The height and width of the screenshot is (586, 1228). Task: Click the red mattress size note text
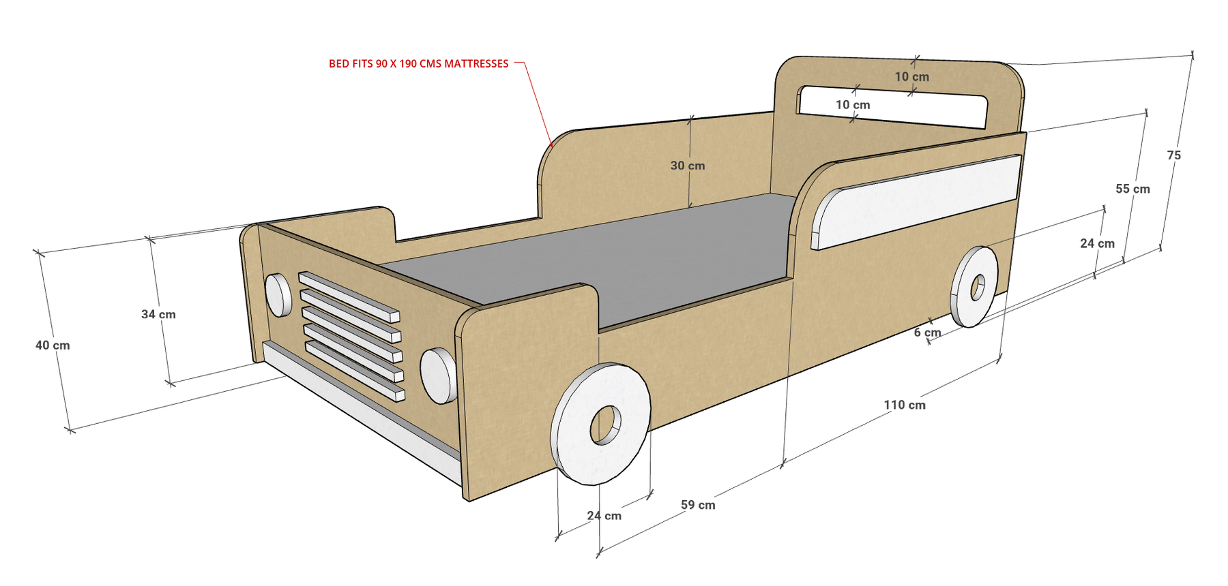point(419,64)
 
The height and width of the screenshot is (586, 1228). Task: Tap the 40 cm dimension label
point(53,345)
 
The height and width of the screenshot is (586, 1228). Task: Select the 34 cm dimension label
point(158,314)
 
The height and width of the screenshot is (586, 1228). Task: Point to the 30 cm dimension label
point(688,166)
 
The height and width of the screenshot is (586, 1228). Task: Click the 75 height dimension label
point(1173,155)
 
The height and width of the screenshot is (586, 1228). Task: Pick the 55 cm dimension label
point(1132,189)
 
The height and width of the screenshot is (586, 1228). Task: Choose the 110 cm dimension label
point(905,405)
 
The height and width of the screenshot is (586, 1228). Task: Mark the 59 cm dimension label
point(698,505)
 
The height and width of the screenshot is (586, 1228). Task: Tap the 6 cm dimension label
point(927,333)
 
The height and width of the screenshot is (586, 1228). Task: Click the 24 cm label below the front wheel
point(604,516)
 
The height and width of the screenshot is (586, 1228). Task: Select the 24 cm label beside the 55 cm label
point(1097,243)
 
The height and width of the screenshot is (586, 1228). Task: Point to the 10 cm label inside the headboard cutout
point(853,105)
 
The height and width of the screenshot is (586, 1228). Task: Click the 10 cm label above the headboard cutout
point(912,77)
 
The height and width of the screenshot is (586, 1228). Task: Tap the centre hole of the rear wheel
point(978,287)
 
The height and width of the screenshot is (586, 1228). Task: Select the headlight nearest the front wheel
point(438,375)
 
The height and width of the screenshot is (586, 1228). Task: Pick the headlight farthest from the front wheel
point(278,295)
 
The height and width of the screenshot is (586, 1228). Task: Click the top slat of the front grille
point(349,296)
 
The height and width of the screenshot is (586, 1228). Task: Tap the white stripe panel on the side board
point(916,202)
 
